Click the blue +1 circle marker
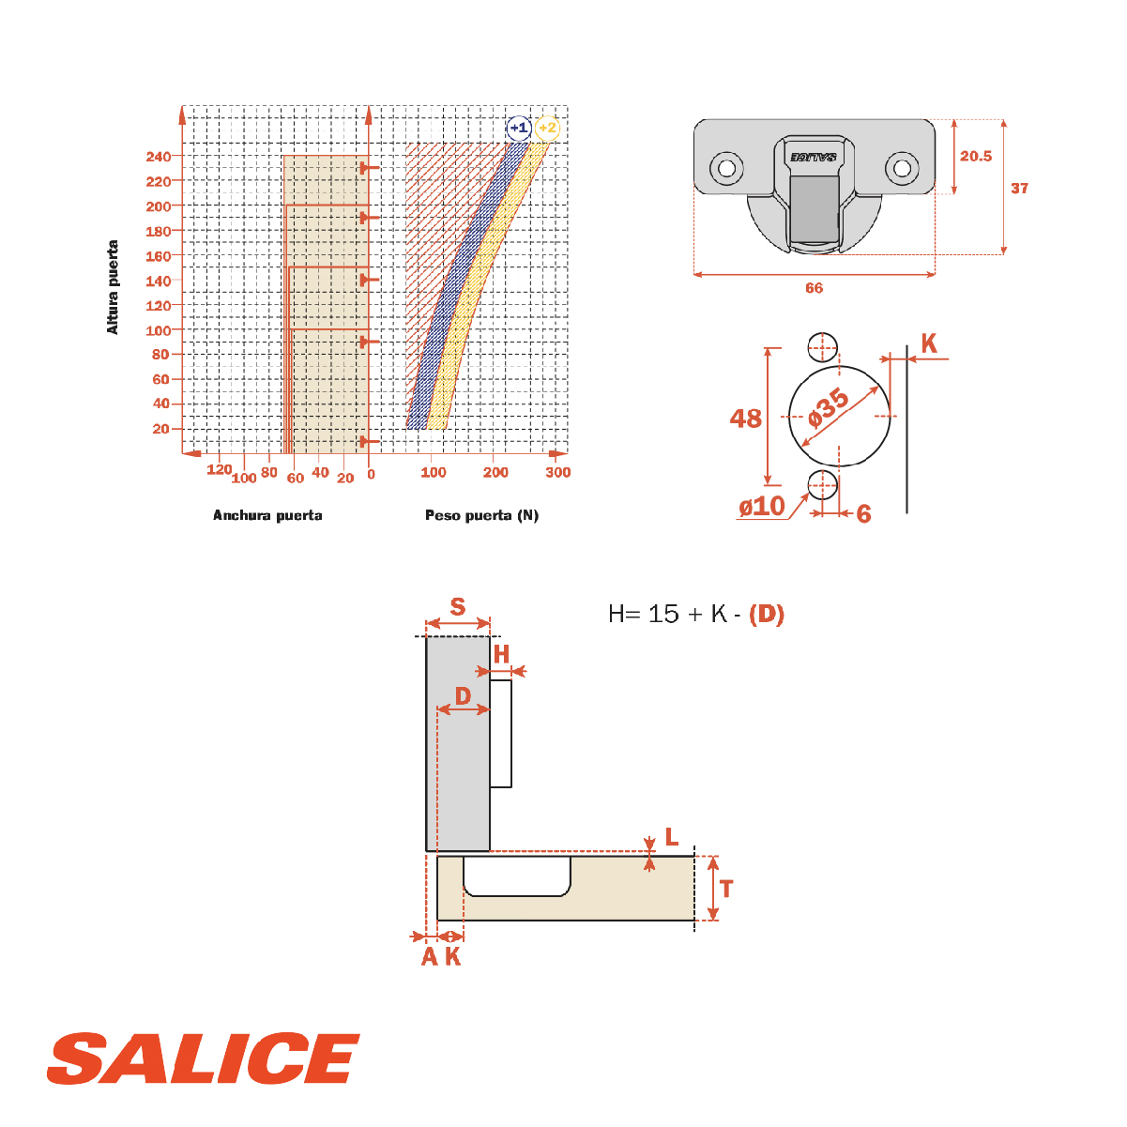[518, 128]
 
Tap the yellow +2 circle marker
[547, 128]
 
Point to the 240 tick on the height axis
[159, 157]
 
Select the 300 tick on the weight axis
[557, 472]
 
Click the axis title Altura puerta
[113, 287]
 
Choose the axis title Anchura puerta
[267, 515]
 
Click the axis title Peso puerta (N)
[481, 515]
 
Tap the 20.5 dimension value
[976, 156]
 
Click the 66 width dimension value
[814, 288]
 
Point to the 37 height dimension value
[1019, 189]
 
